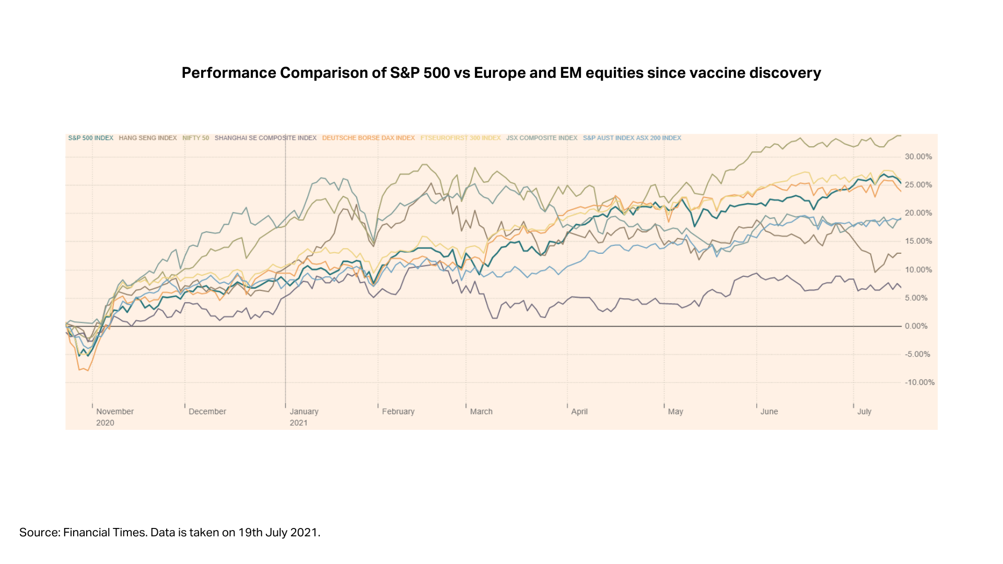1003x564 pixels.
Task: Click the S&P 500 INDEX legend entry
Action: [x=90, y=138]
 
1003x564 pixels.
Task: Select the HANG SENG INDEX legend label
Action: [x=148, y=138]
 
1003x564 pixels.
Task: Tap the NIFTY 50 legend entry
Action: [x=195, y=138]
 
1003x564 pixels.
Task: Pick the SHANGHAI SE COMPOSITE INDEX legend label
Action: [x=265, y=138]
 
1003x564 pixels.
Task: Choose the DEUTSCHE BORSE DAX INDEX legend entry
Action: [x=368, y=138]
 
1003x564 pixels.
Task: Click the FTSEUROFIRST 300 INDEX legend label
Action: [x=460, y=138]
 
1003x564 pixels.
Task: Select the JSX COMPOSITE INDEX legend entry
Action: [x=542, y=138]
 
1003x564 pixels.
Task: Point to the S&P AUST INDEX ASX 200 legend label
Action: [x=632, y=138]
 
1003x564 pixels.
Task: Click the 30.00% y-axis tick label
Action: [x=918, y=157]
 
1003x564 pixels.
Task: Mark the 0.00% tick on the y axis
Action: [x=916, y=326]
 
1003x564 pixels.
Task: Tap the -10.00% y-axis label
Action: [x=919, y=383]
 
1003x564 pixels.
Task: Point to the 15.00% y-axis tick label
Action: [x=918, y=241]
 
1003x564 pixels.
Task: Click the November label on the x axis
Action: [x=115, y=412]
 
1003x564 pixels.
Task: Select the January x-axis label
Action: [x=304, y=412]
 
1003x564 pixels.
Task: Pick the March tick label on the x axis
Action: [x=481, y=412]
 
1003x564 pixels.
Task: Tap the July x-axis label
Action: [x=864, y=412]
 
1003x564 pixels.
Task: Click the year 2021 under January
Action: [x=299, y=423]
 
